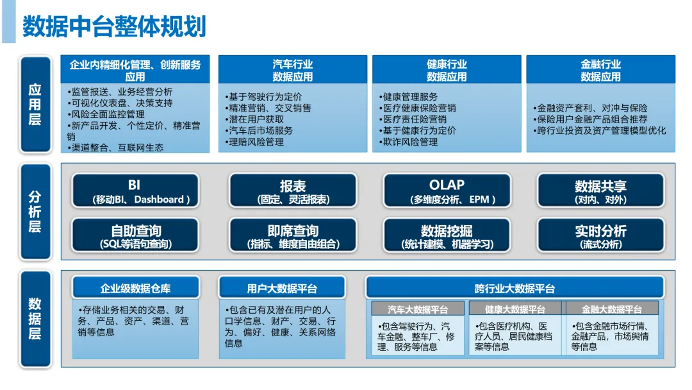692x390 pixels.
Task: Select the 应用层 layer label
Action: coord(35,105)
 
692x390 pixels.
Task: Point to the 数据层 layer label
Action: coord(35,318)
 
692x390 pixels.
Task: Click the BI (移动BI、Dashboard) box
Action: coord(135,191)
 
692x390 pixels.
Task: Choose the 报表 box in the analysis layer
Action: coord(293,191)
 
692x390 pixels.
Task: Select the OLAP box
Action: coord(446,191)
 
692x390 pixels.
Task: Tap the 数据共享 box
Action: coord(600,191)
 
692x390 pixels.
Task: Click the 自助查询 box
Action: coord(135,235)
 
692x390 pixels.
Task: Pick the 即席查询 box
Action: coord(293,235)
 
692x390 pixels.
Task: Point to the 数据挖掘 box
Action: coord(446,235)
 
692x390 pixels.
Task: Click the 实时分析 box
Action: coord(600,235)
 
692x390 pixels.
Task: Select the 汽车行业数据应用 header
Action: coord(293,70)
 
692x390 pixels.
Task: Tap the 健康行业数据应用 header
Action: coord(447,70)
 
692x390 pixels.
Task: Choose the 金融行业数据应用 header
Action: coord(600,70)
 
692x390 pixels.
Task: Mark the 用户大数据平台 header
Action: coord(282,288)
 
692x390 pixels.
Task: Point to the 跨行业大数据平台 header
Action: coord(515,288)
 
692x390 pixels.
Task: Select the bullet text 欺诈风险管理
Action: coord(410,142)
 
